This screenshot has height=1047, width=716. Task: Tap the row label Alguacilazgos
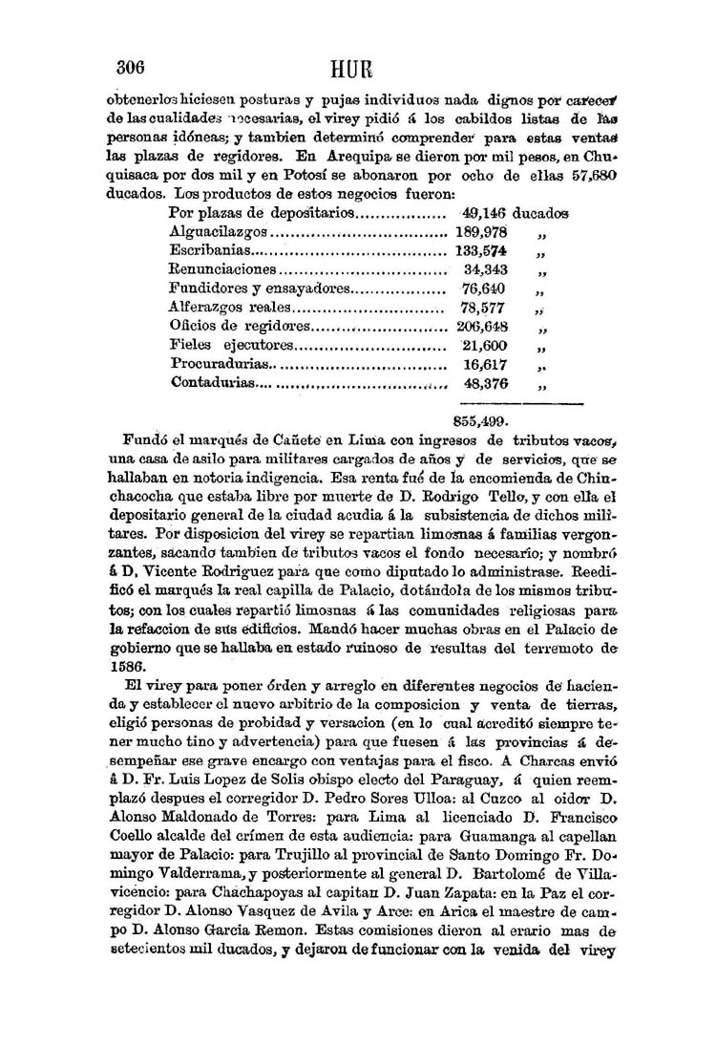click(x=219, y=232)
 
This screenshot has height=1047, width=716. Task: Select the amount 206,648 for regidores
click(x=482, y=327)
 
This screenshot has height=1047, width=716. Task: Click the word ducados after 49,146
click(x=540, y=213)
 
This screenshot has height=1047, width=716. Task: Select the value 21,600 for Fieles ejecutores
click(x=485, y=346)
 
